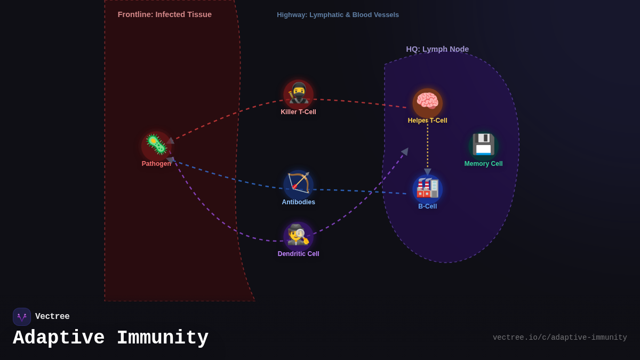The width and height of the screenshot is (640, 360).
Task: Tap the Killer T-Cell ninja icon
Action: click(298, 94)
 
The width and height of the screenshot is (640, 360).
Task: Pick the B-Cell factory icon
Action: click(427, 188)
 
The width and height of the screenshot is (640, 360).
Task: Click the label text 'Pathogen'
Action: click(156, 164)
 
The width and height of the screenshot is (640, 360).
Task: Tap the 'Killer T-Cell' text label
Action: click(298, 112)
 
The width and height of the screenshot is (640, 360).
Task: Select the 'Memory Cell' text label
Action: click(483, 164)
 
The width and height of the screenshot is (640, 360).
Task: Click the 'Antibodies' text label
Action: click(298, 202)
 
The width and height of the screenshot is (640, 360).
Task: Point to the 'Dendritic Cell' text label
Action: click(298, 254)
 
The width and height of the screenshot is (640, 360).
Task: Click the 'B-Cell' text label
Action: click(427, 206)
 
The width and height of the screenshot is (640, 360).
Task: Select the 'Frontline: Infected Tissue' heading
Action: click(164, 14)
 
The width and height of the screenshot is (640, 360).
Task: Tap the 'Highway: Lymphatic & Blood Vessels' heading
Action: click(338, 15)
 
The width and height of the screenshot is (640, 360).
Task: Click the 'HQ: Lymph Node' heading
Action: click(437, 49)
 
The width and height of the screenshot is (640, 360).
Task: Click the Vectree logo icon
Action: click(22, 317)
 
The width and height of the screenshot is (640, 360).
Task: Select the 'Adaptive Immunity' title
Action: click(110, 338)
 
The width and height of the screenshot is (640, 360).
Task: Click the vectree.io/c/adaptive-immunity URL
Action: click(559, 338)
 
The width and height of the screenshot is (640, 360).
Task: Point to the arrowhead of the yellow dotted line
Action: click(427, 172)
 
